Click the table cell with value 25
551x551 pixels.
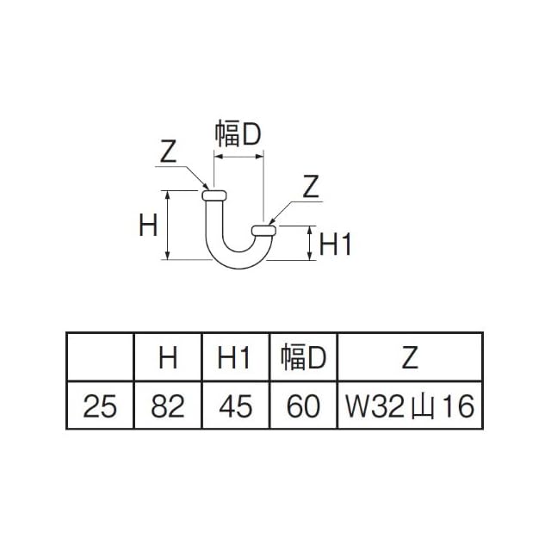click(101, 406)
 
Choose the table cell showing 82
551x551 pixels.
click(168, 406)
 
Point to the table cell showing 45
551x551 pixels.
click(235, 406)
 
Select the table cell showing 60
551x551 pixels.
click(303, 406)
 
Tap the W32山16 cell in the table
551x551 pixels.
click(409, 406)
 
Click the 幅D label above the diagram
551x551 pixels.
click(238, 133)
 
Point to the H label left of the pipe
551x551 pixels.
click(147, 226)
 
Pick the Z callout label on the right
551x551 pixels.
click(311, 185)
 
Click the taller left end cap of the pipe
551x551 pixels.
click(214, 195)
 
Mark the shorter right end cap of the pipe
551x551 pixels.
click(263, 229)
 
